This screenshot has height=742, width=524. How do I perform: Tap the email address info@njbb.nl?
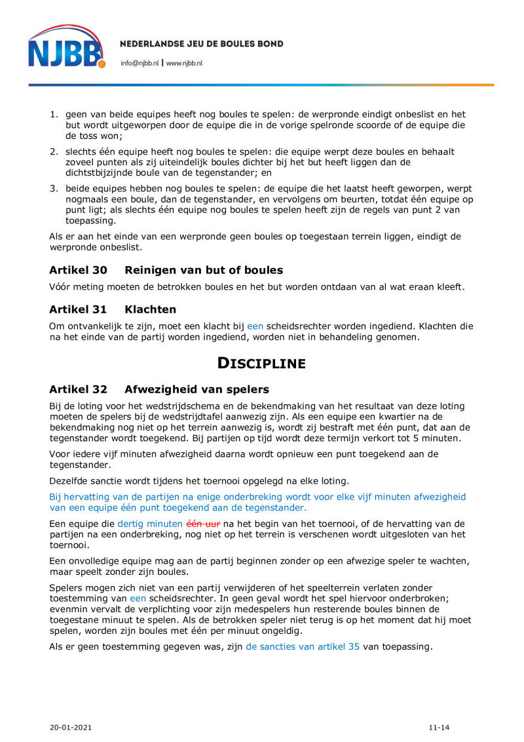pyautogui.click(x=140, y=64)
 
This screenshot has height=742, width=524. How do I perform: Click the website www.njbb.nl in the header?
pyautogui.click(x=184, y=64)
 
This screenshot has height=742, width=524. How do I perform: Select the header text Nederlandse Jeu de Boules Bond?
pyautogui.click(x=202, y=44)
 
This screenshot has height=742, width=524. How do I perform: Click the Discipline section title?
pyautogui.click(x=261, y=362)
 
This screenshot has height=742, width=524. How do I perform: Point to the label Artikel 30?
pyautogui.click(x=78, y=270)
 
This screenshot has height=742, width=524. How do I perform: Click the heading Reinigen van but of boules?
pyautogui.click(x=204, y=270)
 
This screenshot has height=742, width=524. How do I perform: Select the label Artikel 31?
pyautogui.click(x=78, y=309)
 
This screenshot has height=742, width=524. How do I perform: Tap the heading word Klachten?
pyautogui.click(x=150, y=309)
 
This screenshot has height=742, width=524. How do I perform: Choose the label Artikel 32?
pyautogui.click(x=78, y=389)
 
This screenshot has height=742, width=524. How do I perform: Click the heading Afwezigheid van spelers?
pyautogui.click(x=196, y=389)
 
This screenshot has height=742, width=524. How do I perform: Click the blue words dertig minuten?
pyautogui.click(x=151, y=524)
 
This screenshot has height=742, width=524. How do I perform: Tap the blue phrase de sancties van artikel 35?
pyautogui.click(x=303, y=646)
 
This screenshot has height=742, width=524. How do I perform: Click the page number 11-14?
pyautogui.click(x=440, y=728)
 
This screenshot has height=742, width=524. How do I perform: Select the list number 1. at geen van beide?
pyautogui.click(x=55, y=114)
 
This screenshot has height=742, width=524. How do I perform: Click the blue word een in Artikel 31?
pyautogui.click(x=255, y=326)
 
